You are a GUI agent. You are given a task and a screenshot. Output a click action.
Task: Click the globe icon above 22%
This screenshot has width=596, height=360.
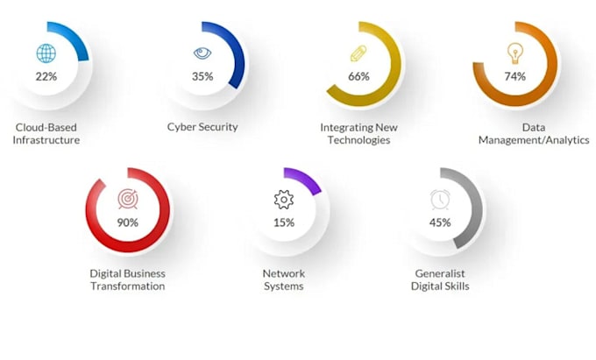[x=46, y=53]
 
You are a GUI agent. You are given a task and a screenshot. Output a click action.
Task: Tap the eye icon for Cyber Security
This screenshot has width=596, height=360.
[x=202, y=53]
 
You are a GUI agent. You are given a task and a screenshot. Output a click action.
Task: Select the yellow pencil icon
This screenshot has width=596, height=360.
[x=358, y=53]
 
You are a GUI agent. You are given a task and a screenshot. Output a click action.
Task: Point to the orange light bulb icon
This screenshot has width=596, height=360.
[x=515, y=53]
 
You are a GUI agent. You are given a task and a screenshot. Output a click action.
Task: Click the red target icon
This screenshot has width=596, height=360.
[x=128, y=199]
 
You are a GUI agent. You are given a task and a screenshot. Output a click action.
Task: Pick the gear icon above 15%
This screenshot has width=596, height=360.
[x=284, y=200]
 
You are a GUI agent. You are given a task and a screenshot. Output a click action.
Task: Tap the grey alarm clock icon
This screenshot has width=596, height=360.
[x=440, y=200]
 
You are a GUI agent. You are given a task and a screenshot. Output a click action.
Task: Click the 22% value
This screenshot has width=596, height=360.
[x=46, y=77]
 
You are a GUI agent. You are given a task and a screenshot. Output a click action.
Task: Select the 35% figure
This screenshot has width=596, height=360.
[x=202, y=77]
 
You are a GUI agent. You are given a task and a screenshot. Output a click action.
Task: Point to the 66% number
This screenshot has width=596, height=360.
[x=358, y=77]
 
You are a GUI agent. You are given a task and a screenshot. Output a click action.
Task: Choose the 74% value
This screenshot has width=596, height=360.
[x=515, y=77]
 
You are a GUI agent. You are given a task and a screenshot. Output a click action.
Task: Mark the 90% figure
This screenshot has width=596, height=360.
[x=128, y=222]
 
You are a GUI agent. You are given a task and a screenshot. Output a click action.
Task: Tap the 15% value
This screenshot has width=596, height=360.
[x=284, y=222]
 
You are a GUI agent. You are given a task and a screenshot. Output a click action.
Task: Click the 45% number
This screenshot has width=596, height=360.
[x=440, y=222]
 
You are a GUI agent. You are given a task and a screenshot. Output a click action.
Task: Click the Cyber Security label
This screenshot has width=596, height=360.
[x=202, y=127]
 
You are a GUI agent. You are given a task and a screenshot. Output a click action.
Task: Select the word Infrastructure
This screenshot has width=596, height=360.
[x=46, y=140]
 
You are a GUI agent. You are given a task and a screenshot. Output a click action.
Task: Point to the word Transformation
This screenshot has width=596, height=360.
[x=128, y=286]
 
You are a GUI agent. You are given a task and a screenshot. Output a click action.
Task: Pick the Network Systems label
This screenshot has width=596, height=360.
[x=284, y=280]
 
